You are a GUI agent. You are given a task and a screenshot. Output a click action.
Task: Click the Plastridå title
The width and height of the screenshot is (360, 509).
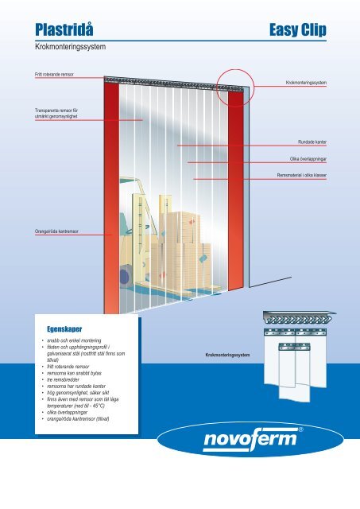64,29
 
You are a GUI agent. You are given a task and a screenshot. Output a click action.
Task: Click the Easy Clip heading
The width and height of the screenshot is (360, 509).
298,30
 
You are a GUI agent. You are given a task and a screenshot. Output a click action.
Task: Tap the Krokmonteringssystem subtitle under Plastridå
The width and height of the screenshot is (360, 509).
71,47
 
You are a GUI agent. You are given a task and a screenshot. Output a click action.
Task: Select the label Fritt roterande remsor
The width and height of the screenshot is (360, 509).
54,74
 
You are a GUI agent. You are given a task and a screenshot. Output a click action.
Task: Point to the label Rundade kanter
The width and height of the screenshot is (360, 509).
312,142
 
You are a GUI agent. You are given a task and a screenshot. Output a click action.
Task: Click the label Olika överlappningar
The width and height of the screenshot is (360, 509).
308,159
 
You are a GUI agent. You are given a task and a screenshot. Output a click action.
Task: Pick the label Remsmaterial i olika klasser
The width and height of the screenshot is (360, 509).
302,175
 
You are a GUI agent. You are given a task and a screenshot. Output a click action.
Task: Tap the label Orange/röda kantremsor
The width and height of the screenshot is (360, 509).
56,231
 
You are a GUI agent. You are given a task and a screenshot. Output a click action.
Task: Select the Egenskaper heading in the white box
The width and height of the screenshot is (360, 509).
64,329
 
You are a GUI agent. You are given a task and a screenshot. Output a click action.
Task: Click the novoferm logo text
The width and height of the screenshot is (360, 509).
250,440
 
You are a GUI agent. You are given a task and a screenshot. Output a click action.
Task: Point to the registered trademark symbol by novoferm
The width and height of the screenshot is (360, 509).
300,429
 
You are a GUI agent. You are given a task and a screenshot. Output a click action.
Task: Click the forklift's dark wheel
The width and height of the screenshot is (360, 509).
124,277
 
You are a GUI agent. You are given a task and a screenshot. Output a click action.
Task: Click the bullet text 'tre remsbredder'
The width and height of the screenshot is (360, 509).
63,379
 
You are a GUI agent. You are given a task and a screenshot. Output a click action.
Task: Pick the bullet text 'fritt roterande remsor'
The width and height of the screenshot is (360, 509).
68,367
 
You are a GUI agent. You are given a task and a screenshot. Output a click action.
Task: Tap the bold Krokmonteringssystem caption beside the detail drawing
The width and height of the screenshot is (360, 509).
227,356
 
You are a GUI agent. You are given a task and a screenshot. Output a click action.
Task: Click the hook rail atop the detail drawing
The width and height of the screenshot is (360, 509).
299,317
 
